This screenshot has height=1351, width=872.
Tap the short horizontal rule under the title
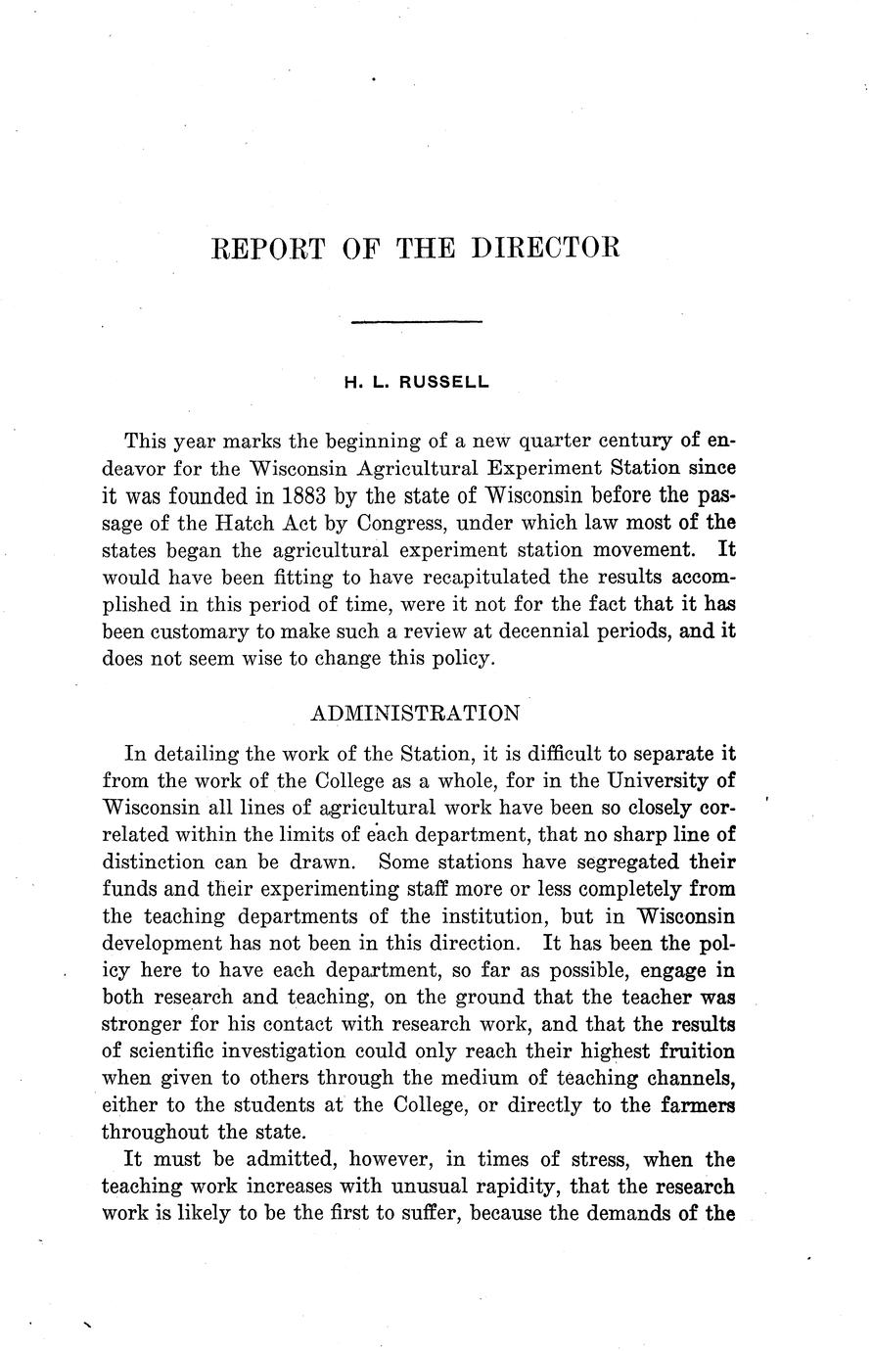click(x=416, y=320)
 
